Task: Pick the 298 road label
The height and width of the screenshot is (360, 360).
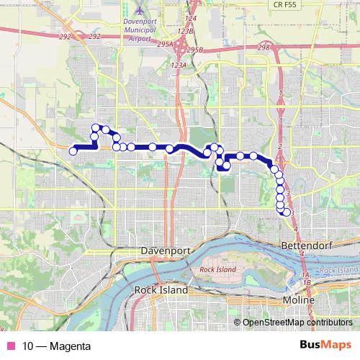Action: pyautogui.click(x=263, y=48)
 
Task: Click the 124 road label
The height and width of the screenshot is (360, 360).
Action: pyautogui.click(x=191, y=17)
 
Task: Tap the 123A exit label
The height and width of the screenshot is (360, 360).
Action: pyautogui.click(x=179, y=66)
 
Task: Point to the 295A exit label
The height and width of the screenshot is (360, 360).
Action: pyautogui.click(x=163, y=45)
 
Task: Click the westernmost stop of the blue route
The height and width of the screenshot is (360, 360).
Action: pyautogui.click(x=73, y=150)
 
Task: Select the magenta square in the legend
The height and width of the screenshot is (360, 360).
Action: pyautogui.click(x=11, y=346)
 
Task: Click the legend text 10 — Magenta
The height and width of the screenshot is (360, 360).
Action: pyautogui.click(x=56, y=346)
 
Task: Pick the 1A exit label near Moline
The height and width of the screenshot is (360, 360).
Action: pyautogui.click(x=305, y=276)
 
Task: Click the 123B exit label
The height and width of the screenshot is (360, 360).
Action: pyautogui.click(x=187, y=32)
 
